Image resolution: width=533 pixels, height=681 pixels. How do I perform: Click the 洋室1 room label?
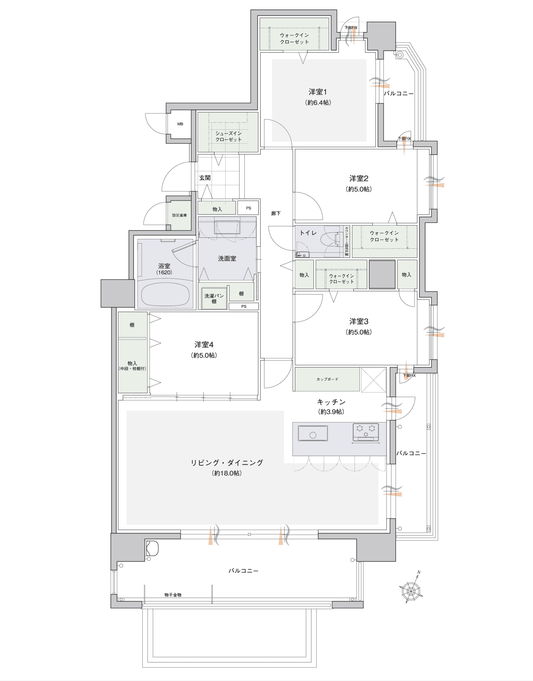point(318,92)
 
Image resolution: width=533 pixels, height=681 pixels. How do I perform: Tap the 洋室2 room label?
point(359,179)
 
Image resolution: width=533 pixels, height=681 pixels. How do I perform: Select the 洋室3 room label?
point(359,321)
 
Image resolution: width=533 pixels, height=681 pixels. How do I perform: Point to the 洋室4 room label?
point(204,344)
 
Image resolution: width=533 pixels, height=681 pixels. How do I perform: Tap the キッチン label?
point(331,402)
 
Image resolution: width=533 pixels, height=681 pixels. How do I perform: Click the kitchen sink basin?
point(313,433)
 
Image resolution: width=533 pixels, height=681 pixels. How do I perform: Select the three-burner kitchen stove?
point(366,432)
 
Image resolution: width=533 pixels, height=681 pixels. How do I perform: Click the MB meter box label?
point(180,124)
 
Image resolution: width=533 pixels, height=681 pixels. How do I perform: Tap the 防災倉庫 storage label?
point(179,215)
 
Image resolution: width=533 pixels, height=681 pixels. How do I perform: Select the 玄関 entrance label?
point(205,178)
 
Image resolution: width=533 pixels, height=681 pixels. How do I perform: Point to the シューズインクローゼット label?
point(228,136)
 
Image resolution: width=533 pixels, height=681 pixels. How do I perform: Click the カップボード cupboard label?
point(327,379)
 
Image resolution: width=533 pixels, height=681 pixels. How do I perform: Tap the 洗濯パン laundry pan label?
point(214,296)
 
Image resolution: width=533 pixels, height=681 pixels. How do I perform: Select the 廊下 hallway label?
point(276,214)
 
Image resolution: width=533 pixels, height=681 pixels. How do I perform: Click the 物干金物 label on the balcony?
point(173,595)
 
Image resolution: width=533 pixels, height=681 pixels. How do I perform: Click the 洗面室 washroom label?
point(227,258)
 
